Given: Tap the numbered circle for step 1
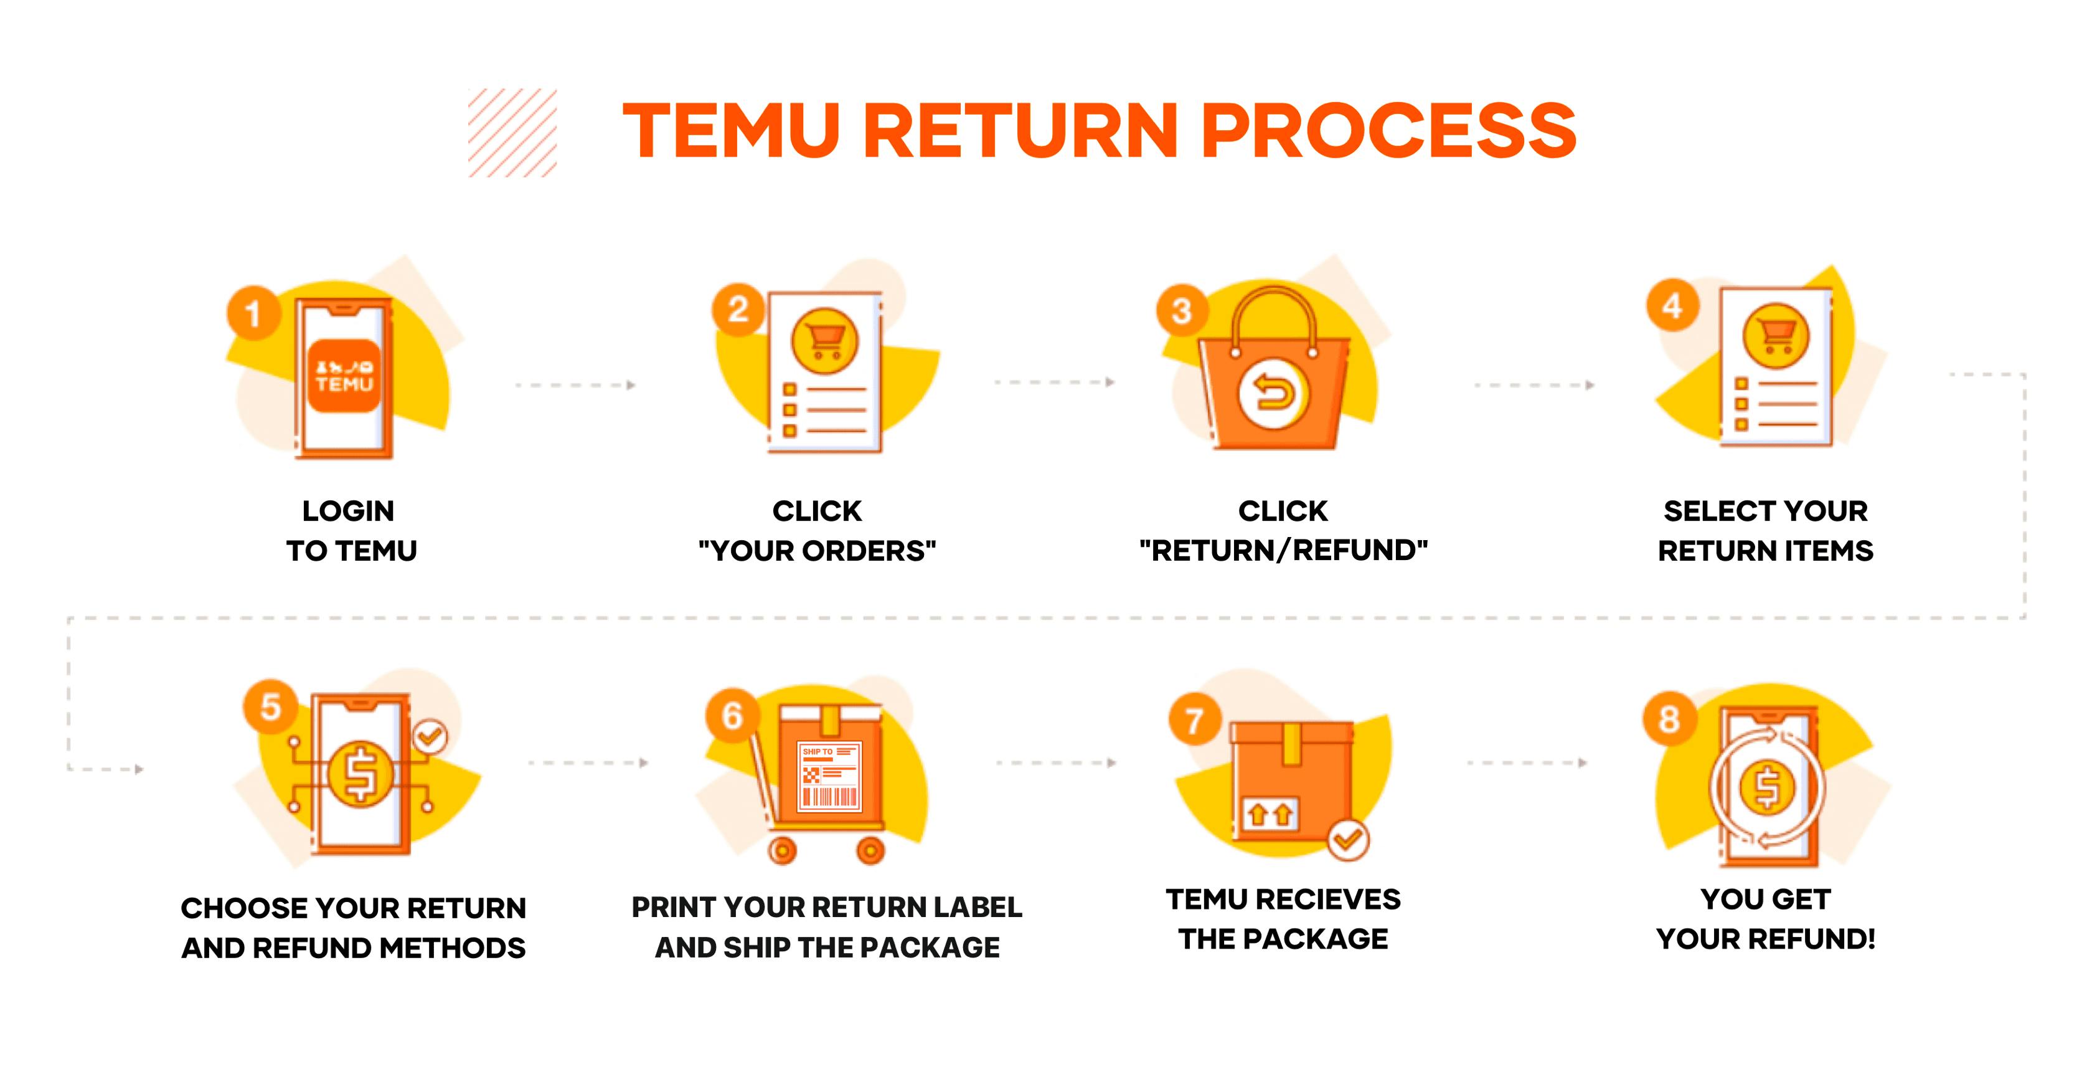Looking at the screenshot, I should point(253,313).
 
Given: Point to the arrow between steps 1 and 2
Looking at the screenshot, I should point(575,385).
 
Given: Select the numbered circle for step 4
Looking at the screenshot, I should point(1672,305).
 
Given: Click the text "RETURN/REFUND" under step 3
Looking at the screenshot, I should point(1283,551).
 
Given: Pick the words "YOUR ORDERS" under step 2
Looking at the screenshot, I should point(817,551).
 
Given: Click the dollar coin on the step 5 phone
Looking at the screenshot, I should point(360,773).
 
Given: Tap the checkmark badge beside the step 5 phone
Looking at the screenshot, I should point(430,737).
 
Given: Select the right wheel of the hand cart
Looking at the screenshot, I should point(870,850).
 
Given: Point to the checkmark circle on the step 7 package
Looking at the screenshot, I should point(1348,839).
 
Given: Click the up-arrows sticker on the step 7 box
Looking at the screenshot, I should point(1270,814).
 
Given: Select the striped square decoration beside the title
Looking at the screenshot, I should point(512,133).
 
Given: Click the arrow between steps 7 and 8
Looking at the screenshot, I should point(1527,763).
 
